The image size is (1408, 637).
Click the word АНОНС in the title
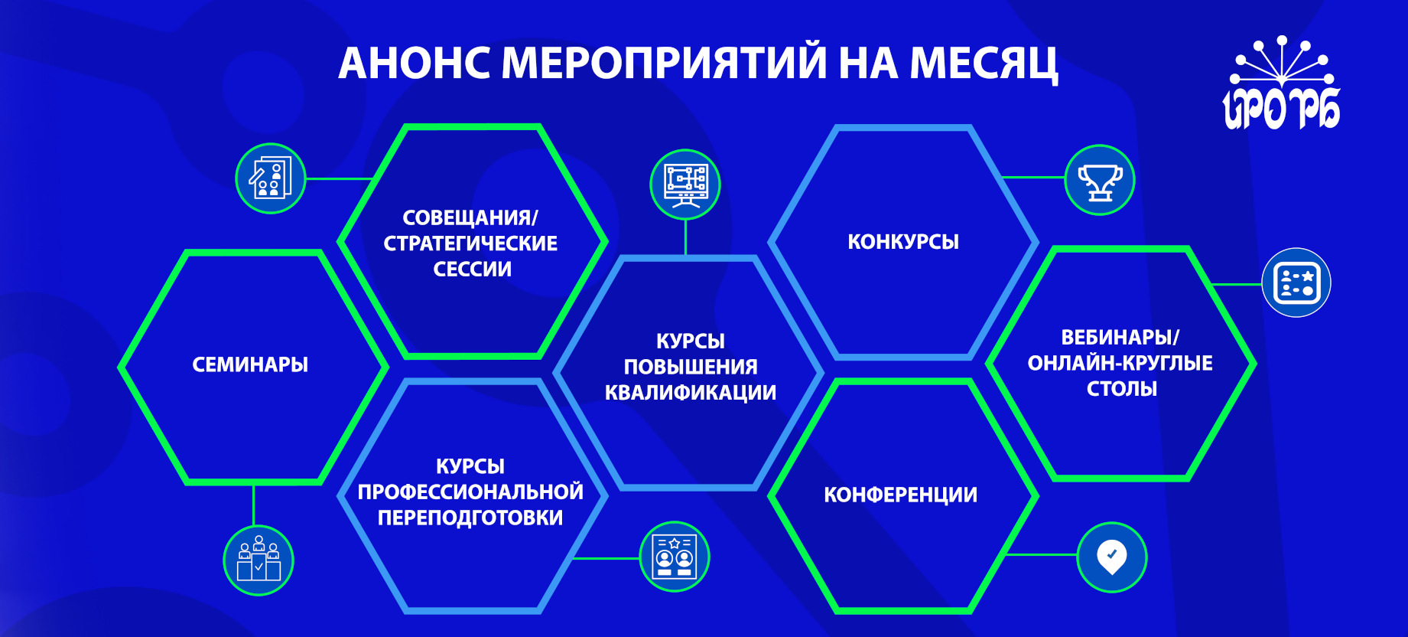pos(414,63)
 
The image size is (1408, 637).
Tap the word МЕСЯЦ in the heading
pos(984,64)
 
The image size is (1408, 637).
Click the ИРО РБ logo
pos(1281,83)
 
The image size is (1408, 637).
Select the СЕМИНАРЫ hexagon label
pos(250,364)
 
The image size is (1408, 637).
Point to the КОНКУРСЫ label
pos(903,242)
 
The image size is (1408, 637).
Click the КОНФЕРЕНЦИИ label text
pos(901,495)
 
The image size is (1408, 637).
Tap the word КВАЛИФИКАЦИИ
pos(691,393)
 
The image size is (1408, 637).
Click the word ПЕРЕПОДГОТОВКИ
pos(470,518)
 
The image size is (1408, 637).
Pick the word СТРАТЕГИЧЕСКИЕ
pos(470,243)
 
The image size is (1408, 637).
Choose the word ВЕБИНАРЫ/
pos(1120,337)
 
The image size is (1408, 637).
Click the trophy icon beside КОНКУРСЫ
pos(1100,180)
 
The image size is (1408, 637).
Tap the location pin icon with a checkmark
pos(1112,557)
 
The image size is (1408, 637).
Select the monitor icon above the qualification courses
pos(685,185)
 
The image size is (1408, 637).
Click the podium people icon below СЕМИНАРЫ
pos(259,560)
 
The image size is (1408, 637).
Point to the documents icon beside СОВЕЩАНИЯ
pos(271,178)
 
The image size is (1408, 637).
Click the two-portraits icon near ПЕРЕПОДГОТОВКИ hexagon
pos(675,557)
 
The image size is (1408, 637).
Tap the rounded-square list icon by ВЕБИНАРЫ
pos(1296,283)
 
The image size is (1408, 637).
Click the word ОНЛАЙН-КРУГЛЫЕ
pos(1120,363)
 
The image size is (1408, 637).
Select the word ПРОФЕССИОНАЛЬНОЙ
pos(470,492)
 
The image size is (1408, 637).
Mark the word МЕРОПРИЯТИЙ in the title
pos(664,63)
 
